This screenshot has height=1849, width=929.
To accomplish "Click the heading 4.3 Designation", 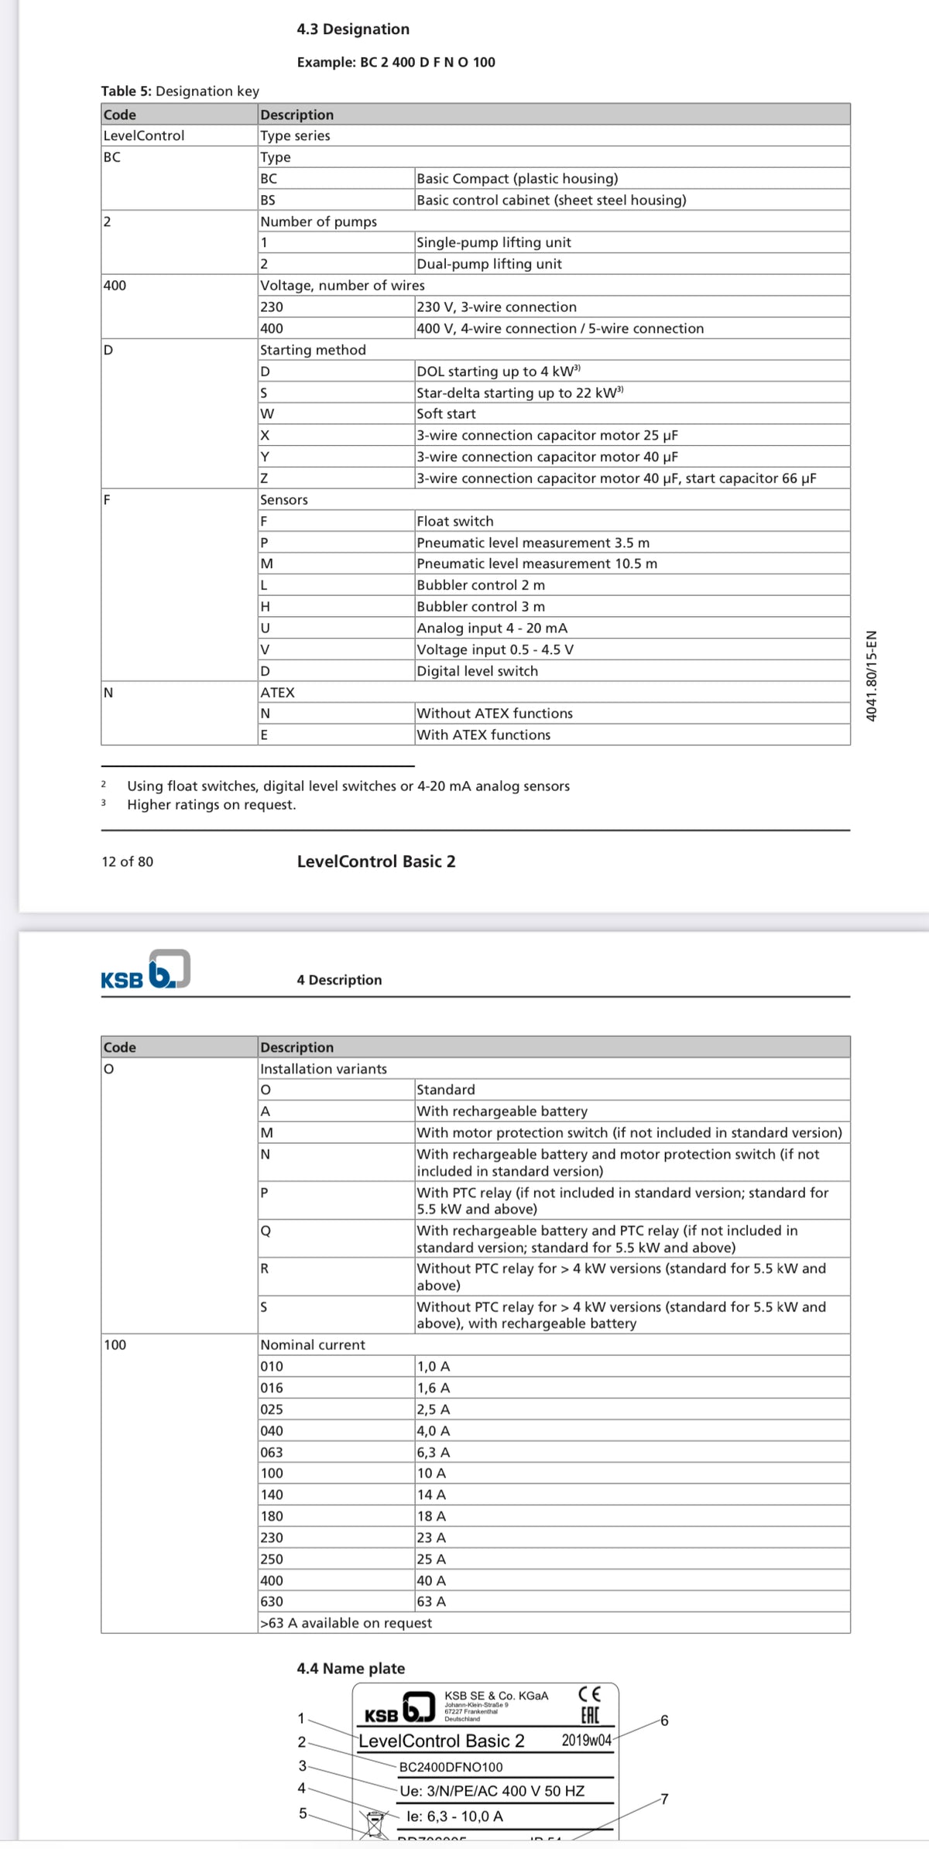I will point(353,29).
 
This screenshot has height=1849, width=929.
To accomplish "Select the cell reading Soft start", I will point(446,414).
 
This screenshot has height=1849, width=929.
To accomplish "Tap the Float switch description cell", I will point(454,522).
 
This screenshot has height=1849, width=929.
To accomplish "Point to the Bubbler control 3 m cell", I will point(480,607).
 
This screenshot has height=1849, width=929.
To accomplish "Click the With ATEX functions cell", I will point(483,735).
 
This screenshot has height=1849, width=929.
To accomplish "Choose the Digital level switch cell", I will point(477,672).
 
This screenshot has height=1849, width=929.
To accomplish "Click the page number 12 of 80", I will point(127,861).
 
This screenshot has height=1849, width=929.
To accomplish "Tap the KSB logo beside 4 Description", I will point(146,971).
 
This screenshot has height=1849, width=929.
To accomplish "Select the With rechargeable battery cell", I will point(502,1111).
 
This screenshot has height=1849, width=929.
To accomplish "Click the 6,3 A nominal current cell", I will point(433,1453).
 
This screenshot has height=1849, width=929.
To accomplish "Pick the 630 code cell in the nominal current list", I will point(272,1602).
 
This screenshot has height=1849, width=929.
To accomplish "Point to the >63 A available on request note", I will point(346,1623).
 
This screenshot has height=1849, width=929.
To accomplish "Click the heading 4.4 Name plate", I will point(351,1669).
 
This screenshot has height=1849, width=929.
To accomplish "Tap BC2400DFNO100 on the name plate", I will point(451,1767).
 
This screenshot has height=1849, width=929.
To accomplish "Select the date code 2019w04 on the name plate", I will point(586,1741).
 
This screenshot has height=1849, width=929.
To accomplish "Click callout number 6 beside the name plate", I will point(663,1721).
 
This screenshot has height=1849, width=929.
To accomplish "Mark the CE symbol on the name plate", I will point(590,1694).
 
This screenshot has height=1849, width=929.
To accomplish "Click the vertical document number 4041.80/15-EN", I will point(872,676).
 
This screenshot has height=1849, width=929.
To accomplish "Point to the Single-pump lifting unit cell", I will point(493,243).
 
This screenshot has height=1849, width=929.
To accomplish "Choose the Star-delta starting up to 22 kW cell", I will point(519,393).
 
